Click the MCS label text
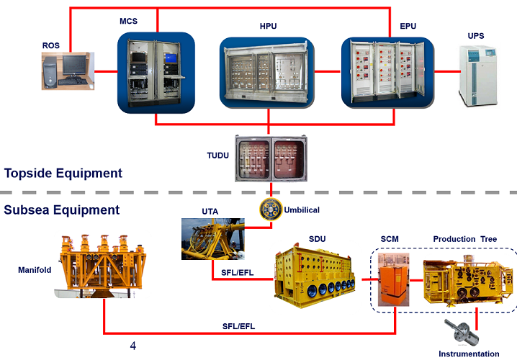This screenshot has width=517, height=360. (x=127, y=21)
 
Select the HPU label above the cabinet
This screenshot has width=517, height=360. (x=268, y=26)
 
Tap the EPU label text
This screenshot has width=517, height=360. (x=408, y=26)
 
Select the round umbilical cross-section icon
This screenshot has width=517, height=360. (x=271, y=210)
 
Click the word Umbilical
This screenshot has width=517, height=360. (x=303, y=210)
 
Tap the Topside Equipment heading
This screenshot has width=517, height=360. (x=63, y=173)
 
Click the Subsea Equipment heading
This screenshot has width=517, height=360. (x=61, y=210)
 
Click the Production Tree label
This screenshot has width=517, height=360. (x=464, y=239)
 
